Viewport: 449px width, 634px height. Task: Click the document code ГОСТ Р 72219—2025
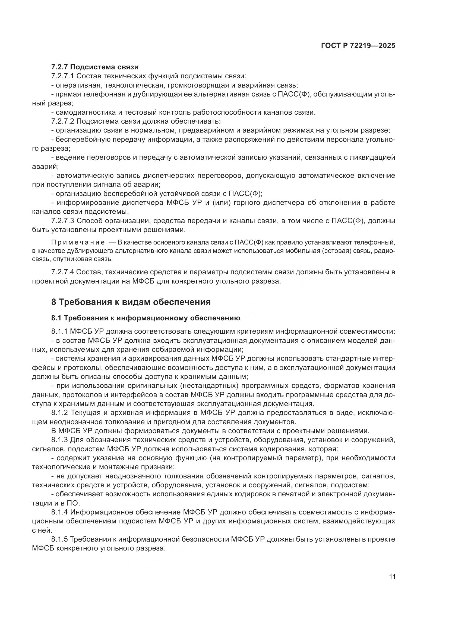[358, 46]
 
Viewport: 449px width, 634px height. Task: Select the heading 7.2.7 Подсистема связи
[95, 67]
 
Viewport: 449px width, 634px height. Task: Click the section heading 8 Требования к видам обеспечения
[131, 302]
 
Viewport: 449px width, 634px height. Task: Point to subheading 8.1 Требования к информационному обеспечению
[146, 318]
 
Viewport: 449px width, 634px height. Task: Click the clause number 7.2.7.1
[62, 76]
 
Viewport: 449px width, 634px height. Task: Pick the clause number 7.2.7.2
[62, 121]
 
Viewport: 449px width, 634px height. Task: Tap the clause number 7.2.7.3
[62, 221]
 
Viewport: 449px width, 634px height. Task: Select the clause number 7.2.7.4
[62, 272]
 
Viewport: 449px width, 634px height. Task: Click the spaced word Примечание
[78, 243]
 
